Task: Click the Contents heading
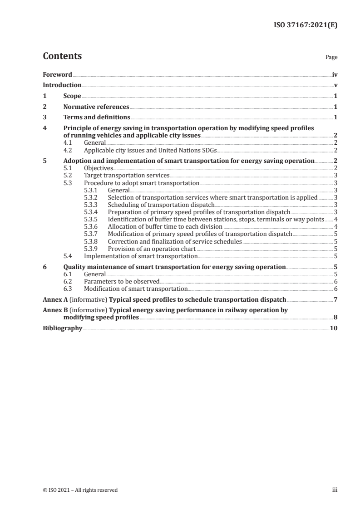(62, 56)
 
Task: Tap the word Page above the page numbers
(331, 58)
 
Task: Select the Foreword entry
(57, 74)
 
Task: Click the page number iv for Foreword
(335, 74)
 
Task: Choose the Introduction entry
(62, 85)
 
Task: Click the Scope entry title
(72, 96)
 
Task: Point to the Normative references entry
(96, 107)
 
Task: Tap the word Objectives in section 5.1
(99, 168)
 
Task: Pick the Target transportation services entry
(127, 175)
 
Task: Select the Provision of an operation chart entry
(152, 249)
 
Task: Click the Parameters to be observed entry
(122, 281)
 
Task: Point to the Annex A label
(54, 299)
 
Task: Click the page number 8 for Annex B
(335, 317)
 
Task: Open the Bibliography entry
(62, 328)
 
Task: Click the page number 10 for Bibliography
(334, 328)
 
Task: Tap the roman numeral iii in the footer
(335, 490)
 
